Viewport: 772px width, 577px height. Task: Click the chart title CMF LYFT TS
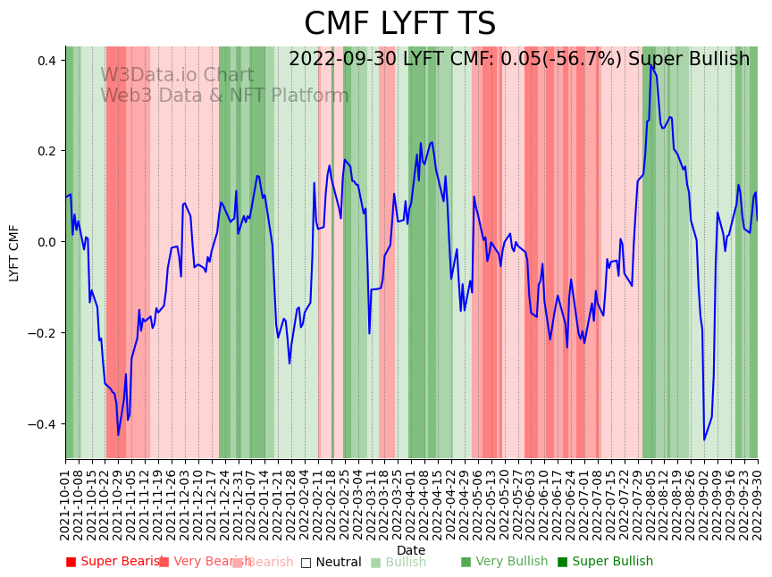click(399, 24)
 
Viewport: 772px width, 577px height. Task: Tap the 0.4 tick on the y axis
click(46, 61)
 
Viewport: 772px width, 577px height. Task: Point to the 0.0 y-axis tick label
click(46, 242)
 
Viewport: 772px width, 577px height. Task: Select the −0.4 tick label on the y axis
click(42, 424)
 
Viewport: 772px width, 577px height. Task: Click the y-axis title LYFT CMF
click(14, 253)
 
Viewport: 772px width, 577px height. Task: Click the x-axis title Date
click(411, 550)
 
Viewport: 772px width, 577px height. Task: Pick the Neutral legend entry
click(331, 562)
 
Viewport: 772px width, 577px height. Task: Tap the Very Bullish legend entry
click(505, 562)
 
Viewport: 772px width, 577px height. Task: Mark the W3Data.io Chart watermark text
click(177, 75)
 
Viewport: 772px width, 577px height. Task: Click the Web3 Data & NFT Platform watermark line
click(224, 96)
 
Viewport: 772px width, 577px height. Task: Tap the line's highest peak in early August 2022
click(651, 64)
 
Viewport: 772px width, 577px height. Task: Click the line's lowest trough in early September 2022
click(704, 439)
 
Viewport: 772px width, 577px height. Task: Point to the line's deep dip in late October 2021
click(118, 435)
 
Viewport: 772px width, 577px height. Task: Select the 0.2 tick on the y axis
click(46, 151)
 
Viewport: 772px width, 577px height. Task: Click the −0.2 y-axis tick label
click(42, 333)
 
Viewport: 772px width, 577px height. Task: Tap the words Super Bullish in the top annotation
click(689, 59)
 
